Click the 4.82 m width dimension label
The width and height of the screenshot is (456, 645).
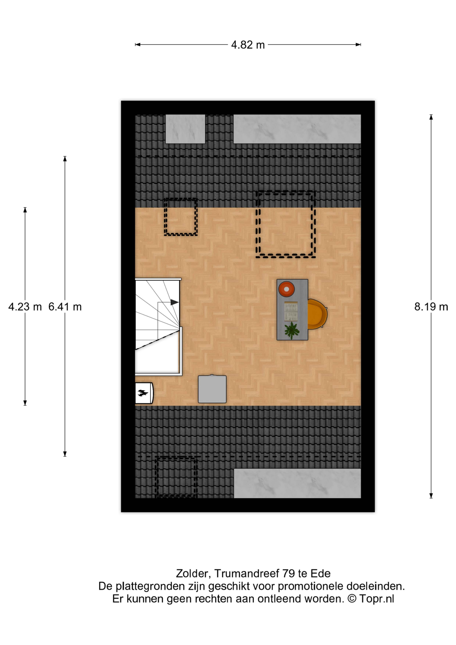tap(248, 45)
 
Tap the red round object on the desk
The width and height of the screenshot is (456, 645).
tap(286, 289)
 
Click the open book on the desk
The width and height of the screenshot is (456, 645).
tap(291, 311)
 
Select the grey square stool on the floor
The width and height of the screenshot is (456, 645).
tap(212, 389)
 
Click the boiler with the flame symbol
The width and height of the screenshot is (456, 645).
tap(144, 393)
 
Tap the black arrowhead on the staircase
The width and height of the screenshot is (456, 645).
tap(174, 302)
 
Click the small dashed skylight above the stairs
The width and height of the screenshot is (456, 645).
tap(181, 217)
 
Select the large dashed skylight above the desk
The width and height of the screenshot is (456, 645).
tap(285, 224)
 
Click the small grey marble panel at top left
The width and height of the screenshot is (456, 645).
tap(185, 129)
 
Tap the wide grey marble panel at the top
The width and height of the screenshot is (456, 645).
tap(297, 129)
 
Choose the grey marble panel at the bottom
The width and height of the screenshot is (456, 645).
tap(297, 483)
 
